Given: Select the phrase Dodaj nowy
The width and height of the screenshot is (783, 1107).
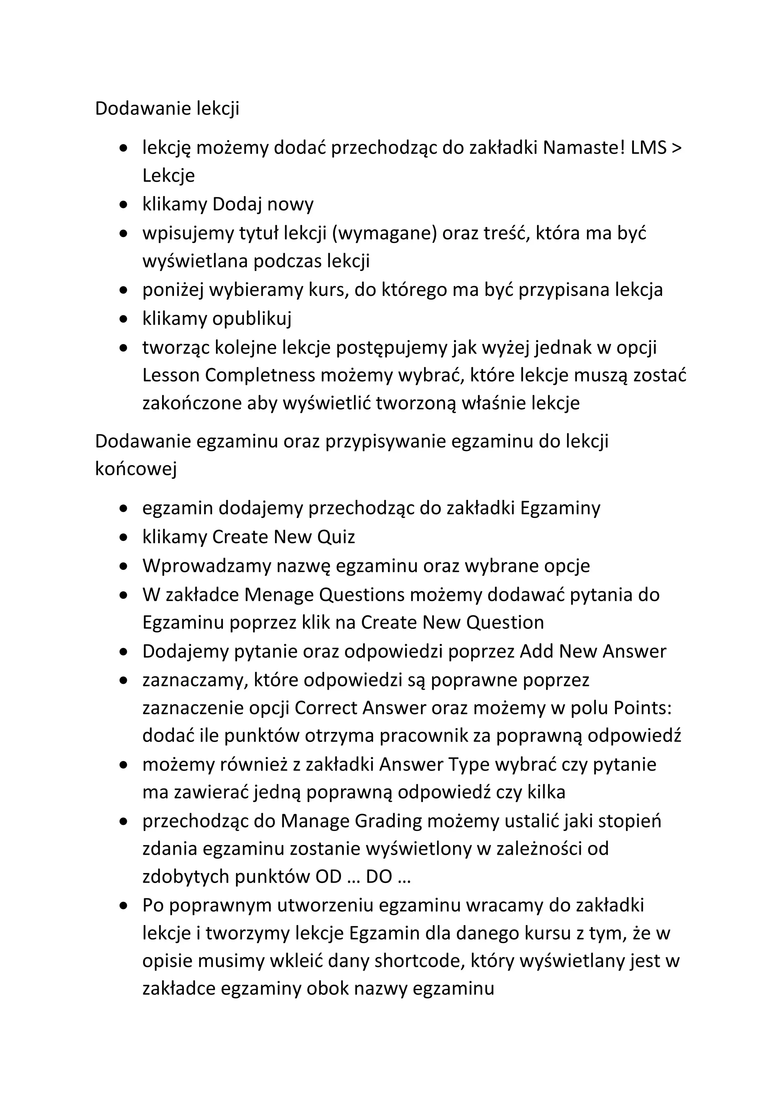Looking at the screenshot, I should point(263,205).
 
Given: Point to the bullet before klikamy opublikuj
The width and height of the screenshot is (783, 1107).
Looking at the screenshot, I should point(124,319).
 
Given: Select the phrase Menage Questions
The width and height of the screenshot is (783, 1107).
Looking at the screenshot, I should point(324,595).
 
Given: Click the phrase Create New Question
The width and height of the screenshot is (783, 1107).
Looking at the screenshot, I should point(452,623).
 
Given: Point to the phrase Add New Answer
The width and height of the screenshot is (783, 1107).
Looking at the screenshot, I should point(593,651).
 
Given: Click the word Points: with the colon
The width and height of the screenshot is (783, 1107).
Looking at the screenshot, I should point(643,708).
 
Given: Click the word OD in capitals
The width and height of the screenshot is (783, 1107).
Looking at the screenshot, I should point(328,877).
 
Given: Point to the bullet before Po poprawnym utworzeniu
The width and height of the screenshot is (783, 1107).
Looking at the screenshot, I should point(124,906).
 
